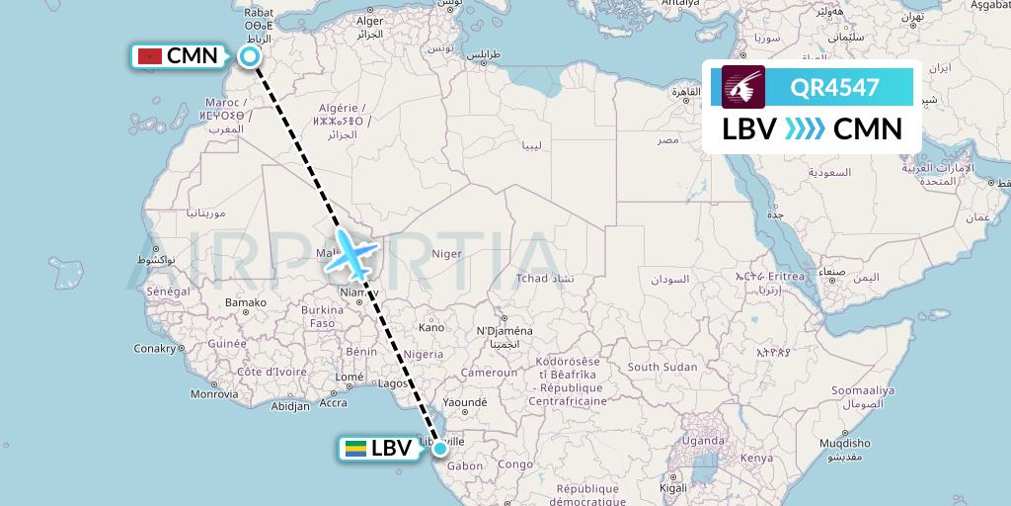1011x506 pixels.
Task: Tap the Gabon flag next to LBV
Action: pyautogui.click(x=355, y=448)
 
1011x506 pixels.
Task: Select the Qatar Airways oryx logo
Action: pyautogui.click(x=742, y=87)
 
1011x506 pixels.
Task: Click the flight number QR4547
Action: pyautogui.click(x=834, y=87)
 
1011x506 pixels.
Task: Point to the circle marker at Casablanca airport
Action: pyautogui.click(x=250, y=56)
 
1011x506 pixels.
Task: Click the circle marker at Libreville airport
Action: pyautogui.click(x=440, y=449)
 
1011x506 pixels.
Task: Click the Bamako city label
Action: pyautogui.click(x=246, y=302)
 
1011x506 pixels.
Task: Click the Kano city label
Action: pyautogui.click(x=430, y=327)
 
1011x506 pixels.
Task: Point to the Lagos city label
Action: pyautogui.click(x=393, y=383)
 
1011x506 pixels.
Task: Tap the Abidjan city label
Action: pyautogui.click(x=290, y=405)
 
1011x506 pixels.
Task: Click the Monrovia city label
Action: pyautogui.click(x=214, y=393)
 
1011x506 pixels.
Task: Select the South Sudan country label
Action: pyautogui.click(x=662, y=367)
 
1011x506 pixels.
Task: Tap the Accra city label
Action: pyautogui.click(x=334, y=402)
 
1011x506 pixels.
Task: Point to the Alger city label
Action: pyautogui.click(x=369, y=21)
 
